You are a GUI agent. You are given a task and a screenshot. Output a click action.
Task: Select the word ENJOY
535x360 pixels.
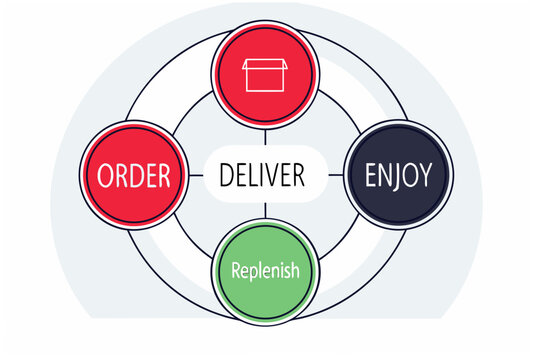click(398, 176)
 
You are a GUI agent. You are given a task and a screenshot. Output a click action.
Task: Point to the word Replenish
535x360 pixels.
click(265, 270)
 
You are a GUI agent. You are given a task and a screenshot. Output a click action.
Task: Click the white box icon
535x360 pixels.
click(265, 76)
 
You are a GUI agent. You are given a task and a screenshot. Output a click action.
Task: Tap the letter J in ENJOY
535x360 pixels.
click(399, 177)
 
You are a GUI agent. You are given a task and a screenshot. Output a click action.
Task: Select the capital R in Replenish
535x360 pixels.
click(237, 270)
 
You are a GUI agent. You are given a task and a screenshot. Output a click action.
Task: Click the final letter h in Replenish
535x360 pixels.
click(294, 270)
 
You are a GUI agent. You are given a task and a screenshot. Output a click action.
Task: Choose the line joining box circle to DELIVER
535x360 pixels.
click(265, 132)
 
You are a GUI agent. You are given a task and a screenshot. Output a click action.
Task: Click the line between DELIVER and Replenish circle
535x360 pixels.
click(265, 213)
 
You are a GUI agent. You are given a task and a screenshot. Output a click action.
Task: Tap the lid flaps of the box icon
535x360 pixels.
click(265, 63)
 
